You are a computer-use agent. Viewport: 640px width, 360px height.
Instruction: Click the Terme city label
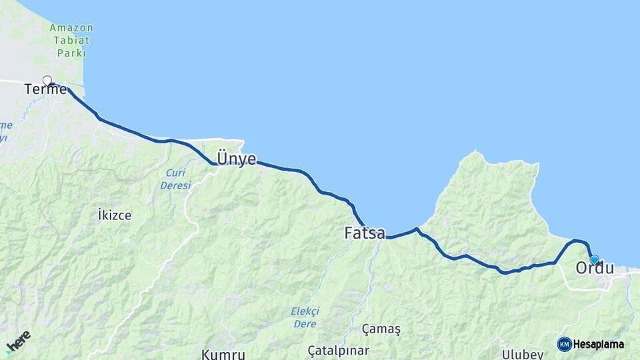click(x=45, y=89)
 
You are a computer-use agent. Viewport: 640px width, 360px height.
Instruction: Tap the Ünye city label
click(x=237, y=159)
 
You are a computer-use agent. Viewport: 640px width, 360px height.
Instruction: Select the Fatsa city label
click(x=365, y=233)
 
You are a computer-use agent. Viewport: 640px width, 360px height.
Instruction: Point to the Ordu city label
click(x=595, y=268)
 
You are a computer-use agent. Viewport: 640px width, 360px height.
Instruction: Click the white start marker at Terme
click(x=47, y=81)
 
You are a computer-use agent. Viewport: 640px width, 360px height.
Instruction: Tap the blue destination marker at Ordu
click(x=594, y=259)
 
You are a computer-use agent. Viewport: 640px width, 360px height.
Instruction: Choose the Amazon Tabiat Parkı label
click(x=71, y=40)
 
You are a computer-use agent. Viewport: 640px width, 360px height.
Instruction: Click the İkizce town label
click(x=115, y=215)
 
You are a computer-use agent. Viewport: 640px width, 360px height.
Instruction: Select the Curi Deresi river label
click(x=176, y=179)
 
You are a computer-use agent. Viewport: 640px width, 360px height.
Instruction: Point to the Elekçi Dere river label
click(x=305, y=317)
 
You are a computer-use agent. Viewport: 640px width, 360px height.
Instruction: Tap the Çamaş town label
click(x=381, y=329)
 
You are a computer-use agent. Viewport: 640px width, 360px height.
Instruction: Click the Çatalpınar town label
click(x=338, y=350)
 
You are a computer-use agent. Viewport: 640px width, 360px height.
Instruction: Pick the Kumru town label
click(x=223, y=353)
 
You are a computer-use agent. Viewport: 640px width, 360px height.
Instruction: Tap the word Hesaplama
click(x=598, y=345)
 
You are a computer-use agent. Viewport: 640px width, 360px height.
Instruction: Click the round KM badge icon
click(x=564, y=344)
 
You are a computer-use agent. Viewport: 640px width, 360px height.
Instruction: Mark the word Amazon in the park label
click(x=71, y=28)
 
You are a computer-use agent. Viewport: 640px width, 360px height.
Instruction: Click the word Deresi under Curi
click(x=176, y=185)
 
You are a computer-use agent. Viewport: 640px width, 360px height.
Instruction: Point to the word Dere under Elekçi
click(x=304, y=324)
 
